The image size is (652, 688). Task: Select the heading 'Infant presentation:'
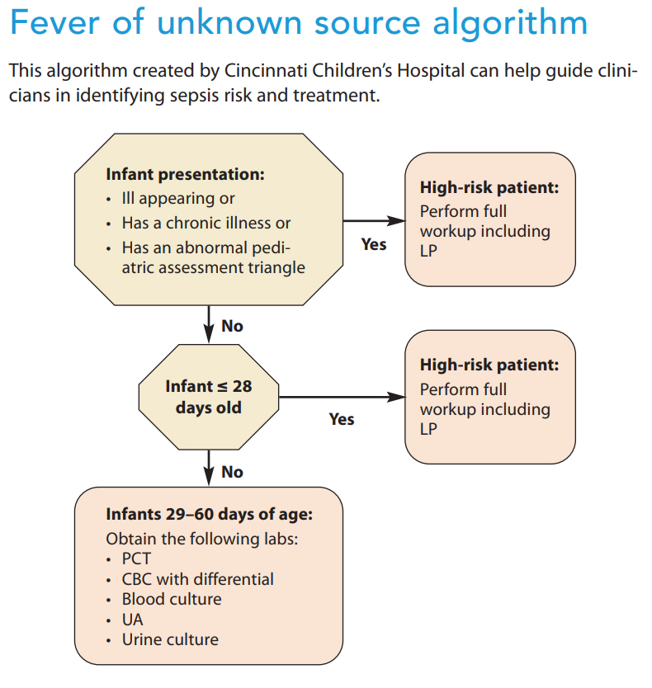pyautogui.click(x=185, y=175)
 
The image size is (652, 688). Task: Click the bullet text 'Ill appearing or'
pyautogui.click(x=178, y=199)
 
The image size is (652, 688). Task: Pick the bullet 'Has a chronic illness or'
pyautogui.click(x=206, y=223)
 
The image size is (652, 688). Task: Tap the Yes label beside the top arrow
pyautogui.click(x=374, y=244)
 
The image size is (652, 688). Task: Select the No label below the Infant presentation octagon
pyautogui.click(x=232, y=326)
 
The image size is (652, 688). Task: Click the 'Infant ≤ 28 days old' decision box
pyautogui.click(x=208, y=397)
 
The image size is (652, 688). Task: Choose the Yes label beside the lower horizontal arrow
pyautogui.click(x=342, y=419)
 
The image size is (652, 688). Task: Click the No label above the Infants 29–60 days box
pyautogui.click(x=232, y=472)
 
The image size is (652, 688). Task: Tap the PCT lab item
pyautogui.click(x=136, y=558)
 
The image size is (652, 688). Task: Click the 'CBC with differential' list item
pyautogui.click(x=197, y=579)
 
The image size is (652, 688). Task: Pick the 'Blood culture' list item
pyautogui.click(x=172, y=599)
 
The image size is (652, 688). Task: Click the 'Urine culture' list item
pyautogui.click(x=170, y=639)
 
